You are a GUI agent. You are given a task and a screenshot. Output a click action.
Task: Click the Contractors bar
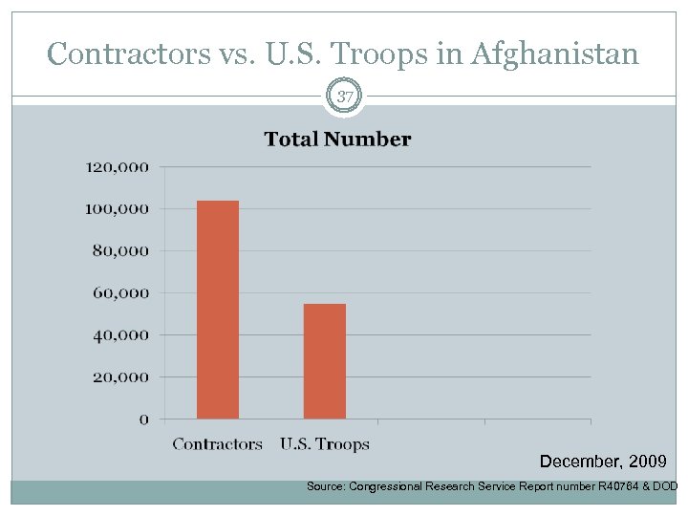pos(218,310)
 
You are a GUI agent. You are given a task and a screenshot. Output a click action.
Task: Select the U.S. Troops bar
pos(325,361)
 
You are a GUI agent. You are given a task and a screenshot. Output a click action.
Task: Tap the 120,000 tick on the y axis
pos(118,166)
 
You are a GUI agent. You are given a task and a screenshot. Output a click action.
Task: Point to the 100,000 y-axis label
pos(118,208)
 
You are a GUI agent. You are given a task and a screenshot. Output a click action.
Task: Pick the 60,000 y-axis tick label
pos(121,292)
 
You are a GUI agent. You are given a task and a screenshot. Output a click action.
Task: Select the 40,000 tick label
pos(121,334)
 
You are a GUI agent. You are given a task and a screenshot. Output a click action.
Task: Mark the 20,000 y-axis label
pos(121,376)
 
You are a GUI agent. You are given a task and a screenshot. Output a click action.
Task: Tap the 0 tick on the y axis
pos(144,419)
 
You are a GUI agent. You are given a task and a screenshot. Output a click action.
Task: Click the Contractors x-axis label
pos(217,443)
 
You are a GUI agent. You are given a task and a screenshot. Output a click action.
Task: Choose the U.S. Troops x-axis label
pos(325,443)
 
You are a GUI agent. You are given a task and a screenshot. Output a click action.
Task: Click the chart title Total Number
pos(337,140)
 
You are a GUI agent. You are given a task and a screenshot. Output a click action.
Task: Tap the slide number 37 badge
pos(344,97)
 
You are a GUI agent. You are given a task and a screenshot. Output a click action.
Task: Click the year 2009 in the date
pos(648,462)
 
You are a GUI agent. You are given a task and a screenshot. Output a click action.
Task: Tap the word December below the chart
pos(576,462)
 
